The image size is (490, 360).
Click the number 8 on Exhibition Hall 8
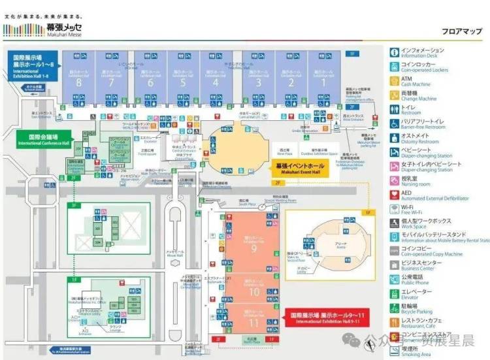click(x=78, y=83)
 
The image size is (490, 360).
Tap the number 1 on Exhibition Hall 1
click(x=323, y=83)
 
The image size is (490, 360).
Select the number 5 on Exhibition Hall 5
click(x=184, y=83)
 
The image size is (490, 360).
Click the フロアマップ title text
click(x=461, y=31)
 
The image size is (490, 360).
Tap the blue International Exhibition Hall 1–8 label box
click(x=34, y=66)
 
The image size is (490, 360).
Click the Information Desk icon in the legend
click(x=394, y=52)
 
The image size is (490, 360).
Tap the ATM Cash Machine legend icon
click(x=394, y=81)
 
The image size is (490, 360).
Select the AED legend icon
click(x=394, y=194)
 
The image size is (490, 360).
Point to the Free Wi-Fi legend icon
click(x=394, y=208)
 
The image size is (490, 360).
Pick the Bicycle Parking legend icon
click(x=394, y=307)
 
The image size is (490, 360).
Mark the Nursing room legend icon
click(x=394, y=180)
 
